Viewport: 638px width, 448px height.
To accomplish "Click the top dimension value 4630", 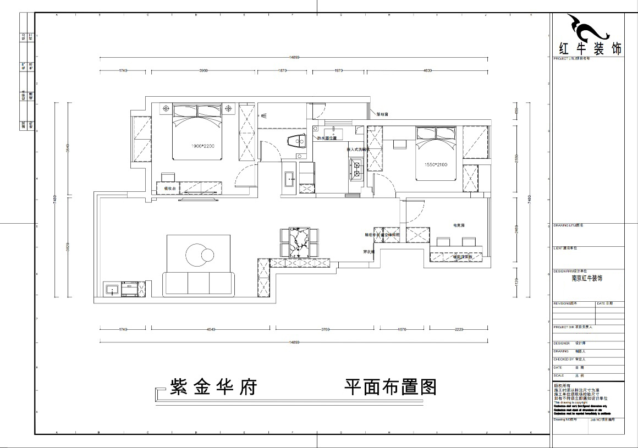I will pyautogui.click(x=428, y=70).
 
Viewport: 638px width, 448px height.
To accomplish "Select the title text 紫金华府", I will pyautogui.click(x=214, y=388).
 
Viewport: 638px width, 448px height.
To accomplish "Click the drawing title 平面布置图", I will pyautogui.click(x=390, y=388).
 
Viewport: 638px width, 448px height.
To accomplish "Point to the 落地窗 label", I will pyautogui.click(x=383, y=115).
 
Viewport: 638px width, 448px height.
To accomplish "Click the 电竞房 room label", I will pyautogui.click(x=459, y=225).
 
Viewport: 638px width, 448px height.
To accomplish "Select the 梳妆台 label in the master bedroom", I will pyautogui.click(x=170, y=189).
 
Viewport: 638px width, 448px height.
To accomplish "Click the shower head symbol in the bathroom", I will pyautogui.click(x=265, y=115).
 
